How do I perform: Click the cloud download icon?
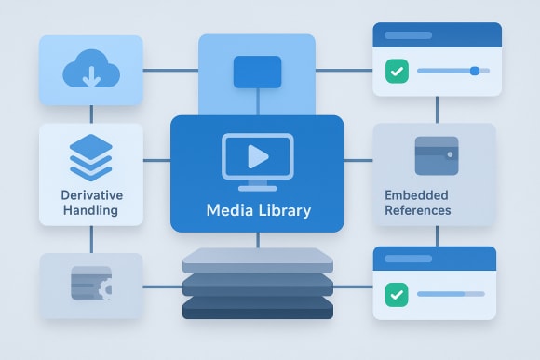[90, 71]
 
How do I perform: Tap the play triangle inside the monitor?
[258, 155]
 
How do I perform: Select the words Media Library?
[258, 211]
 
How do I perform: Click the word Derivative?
[90, 195]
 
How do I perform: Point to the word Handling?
[90, 210]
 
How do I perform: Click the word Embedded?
[416, 195]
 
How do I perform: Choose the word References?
[417, 210]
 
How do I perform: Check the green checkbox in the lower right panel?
[396, 294]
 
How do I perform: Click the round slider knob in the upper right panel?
[475, 71]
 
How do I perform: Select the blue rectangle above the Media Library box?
[257, 72]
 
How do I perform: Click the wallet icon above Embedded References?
[436, 155]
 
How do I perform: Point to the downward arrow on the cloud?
[90, 76]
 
